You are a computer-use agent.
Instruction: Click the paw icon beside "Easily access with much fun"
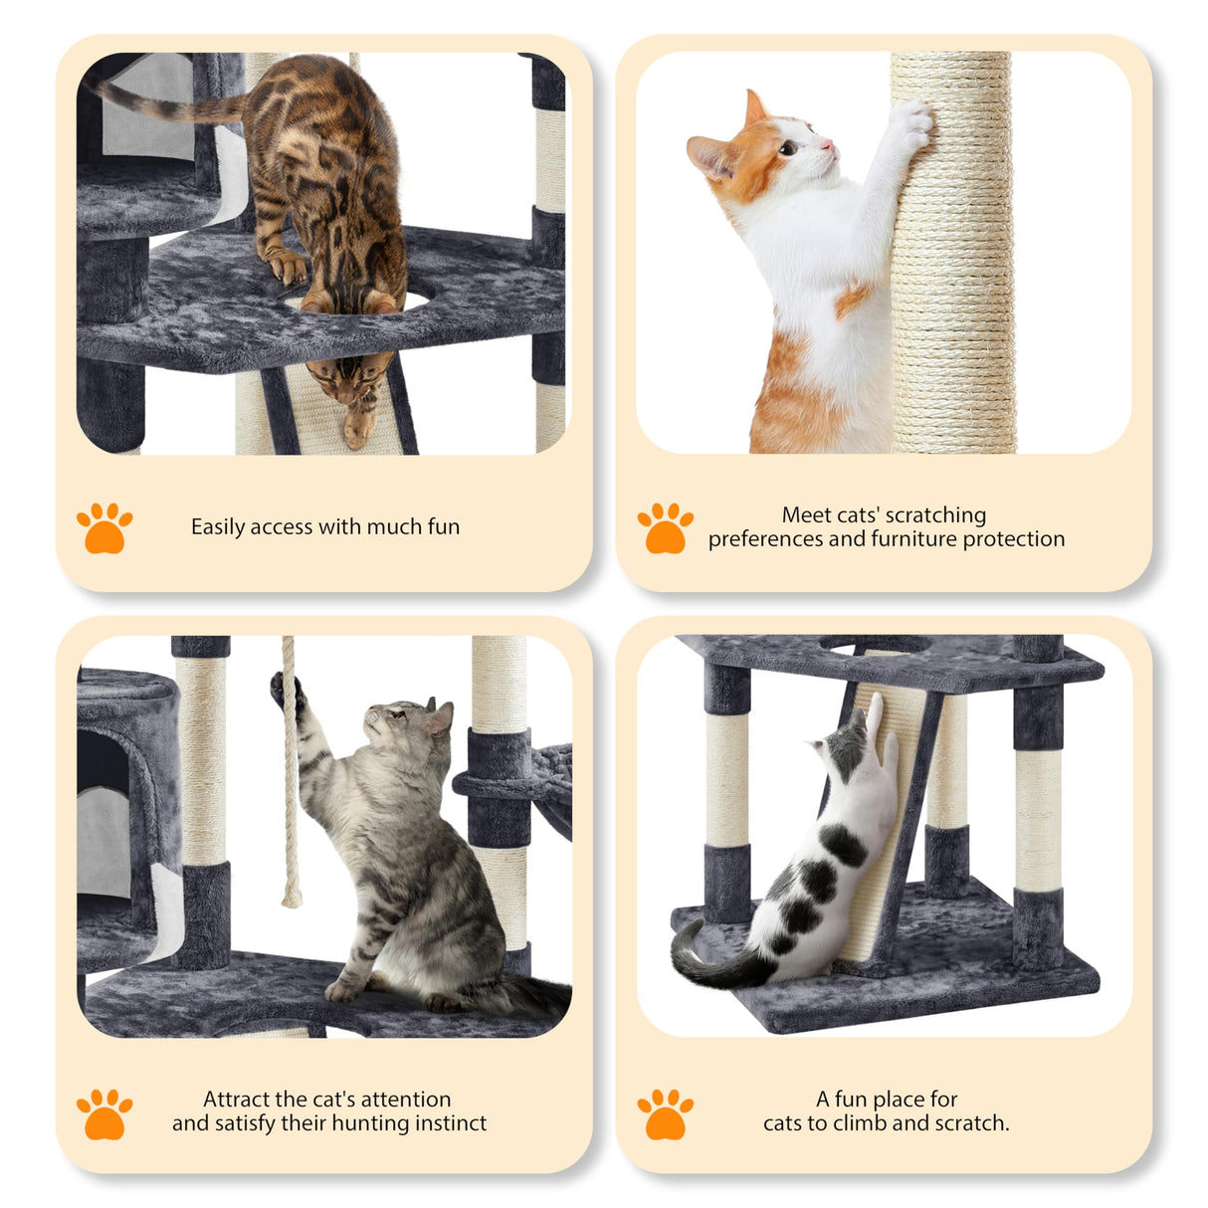click(104, 527)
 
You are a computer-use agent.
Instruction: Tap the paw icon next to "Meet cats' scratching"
click(665, 527)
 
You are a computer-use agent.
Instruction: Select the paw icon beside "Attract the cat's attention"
click(104, 1113)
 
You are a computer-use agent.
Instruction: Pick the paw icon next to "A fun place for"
click(665, 1113)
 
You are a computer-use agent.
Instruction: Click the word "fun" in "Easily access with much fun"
click(444, 526)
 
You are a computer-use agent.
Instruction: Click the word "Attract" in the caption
click(236, 1100)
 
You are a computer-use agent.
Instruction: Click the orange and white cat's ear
click(756, 106)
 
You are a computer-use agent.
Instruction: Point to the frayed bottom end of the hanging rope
click(292, 896)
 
